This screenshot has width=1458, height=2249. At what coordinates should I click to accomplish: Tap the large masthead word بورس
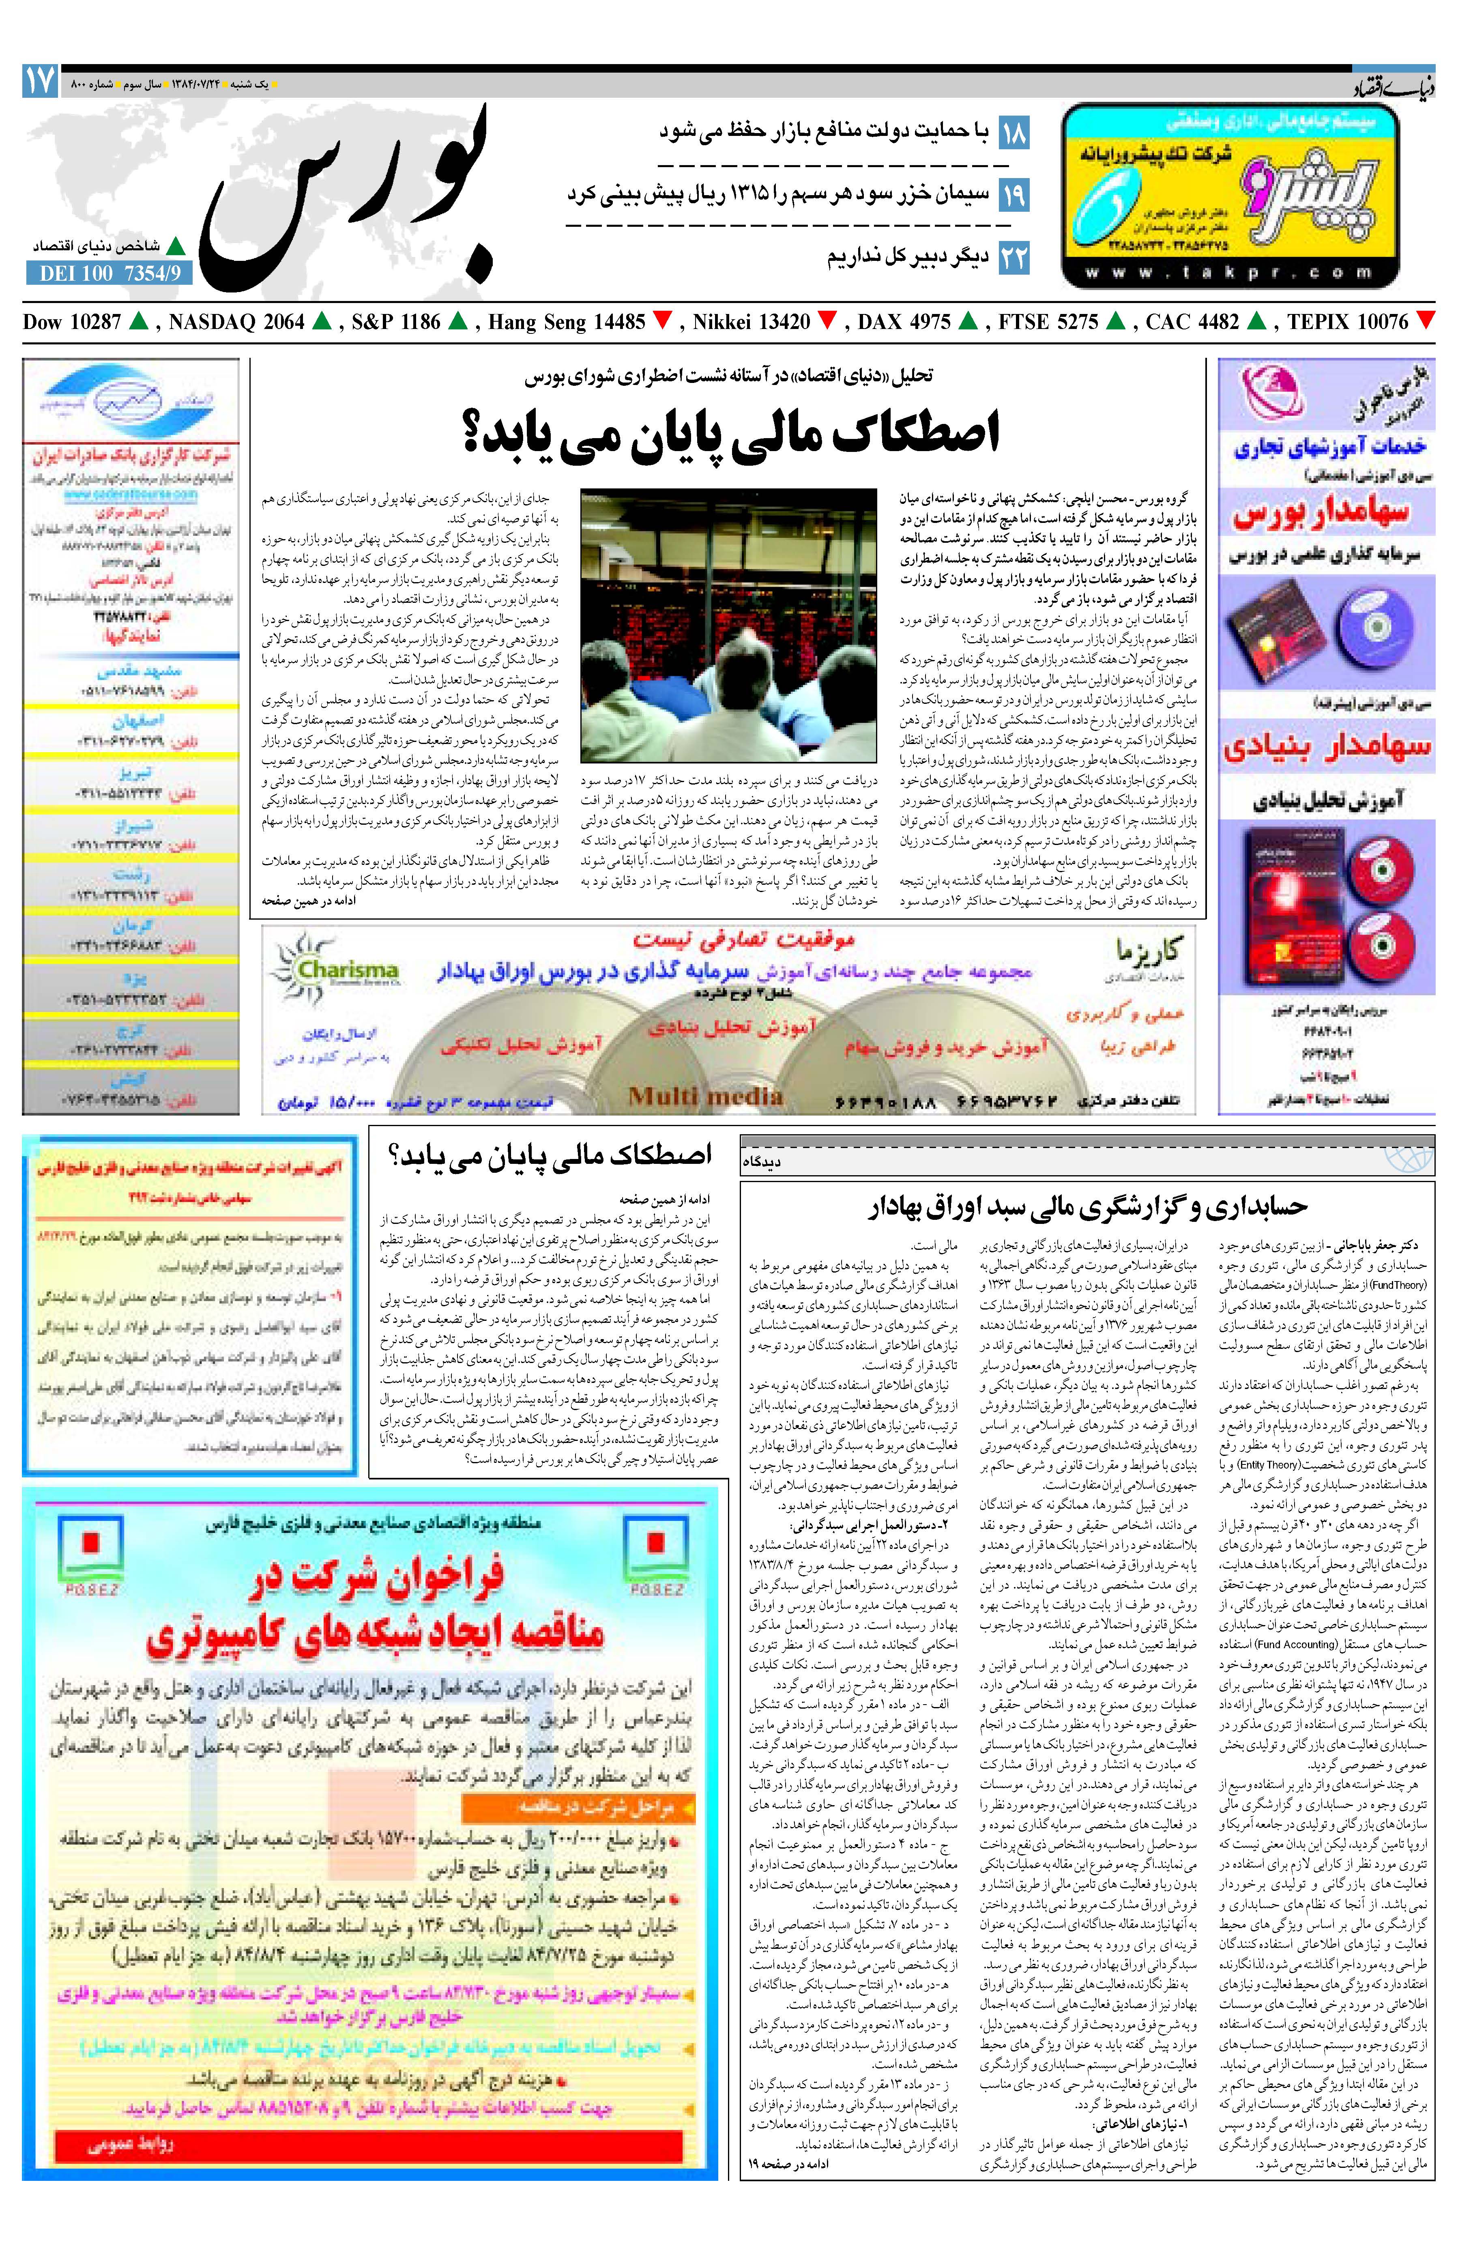[350, 194]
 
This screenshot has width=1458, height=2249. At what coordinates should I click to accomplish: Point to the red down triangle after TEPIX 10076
[1425, 321]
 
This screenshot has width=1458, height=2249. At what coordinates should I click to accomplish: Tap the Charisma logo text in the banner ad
[348, 970]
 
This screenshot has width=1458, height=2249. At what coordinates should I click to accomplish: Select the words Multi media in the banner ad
[705, 1095]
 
